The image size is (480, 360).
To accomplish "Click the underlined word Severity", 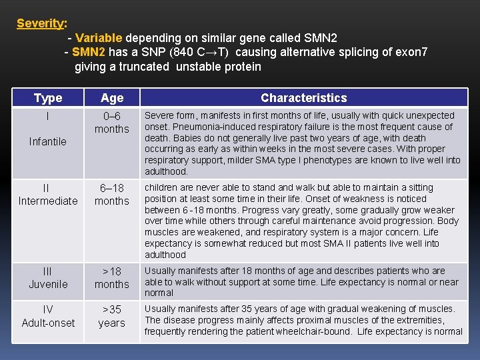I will click(41, 23).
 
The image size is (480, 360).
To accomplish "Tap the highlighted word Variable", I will click(99, 38).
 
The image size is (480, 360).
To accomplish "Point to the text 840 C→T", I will click(203, 52).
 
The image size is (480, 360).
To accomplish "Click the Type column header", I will click(48, 98).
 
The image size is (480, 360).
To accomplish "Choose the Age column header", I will click(112, 98).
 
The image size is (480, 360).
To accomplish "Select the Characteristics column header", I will click(303, 98).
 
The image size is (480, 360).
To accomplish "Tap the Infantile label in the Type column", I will click(48, 141).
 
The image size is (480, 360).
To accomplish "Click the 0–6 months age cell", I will click(112, 122).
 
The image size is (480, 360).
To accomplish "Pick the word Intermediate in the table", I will click(48, 201).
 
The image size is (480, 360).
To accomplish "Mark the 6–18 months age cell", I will click(112, 194).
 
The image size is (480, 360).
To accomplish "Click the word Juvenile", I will click(48, 284).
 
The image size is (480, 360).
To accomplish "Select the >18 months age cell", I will click(112, 277).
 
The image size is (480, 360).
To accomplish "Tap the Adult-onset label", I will click(48, 323).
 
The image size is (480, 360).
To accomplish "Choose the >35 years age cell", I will click(112, 316).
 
